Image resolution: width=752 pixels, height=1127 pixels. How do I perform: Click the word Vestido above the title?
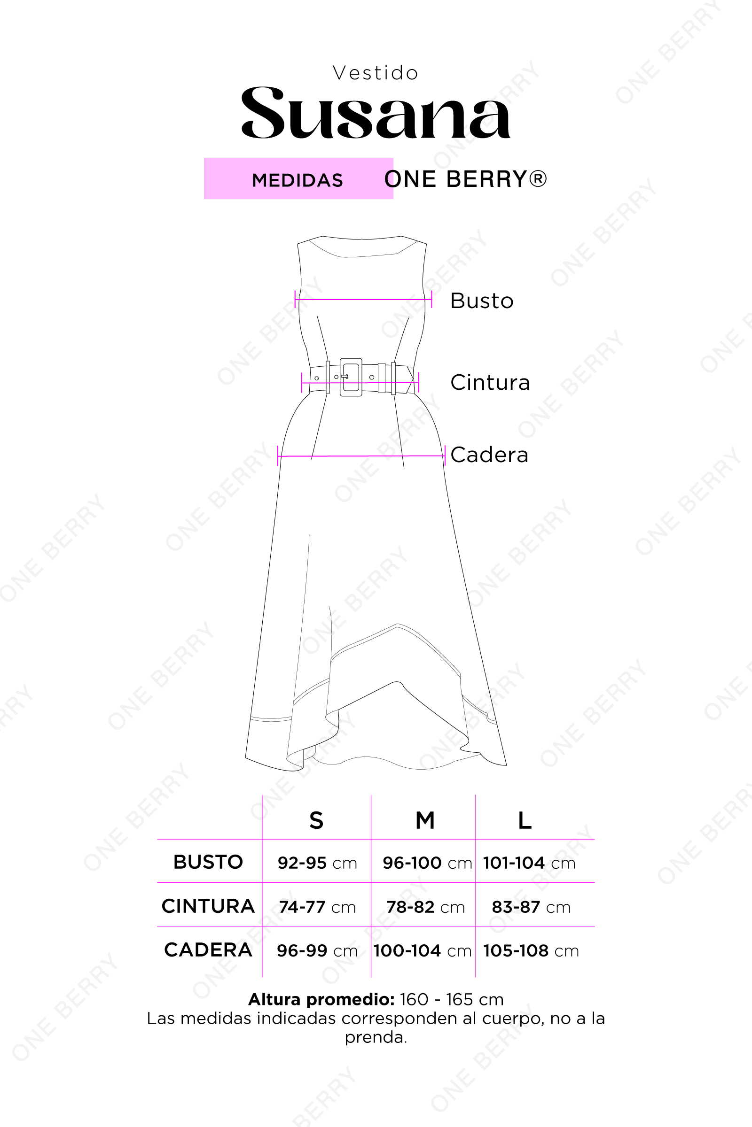click(x=376, y=73)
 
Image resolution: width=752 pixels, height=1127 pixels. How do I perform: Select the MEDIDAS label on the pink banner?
click(x=298, y=180)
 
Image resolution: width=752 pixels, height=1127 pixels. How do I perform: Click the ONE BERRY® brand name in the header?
click(x=465, y=179)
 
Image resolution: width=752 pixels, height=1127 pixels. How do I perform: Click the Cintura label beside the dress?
click(x=490, y=382)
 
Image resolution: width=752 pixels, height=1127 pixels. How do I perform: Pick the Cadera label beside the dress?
click(x=489, y=455)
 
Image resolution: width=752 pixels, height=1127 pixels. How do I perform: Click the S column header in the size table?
click(x=316, y=820)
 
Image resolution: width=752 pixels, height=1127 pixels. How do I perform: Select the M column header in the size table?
click(x=425, y=820)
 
